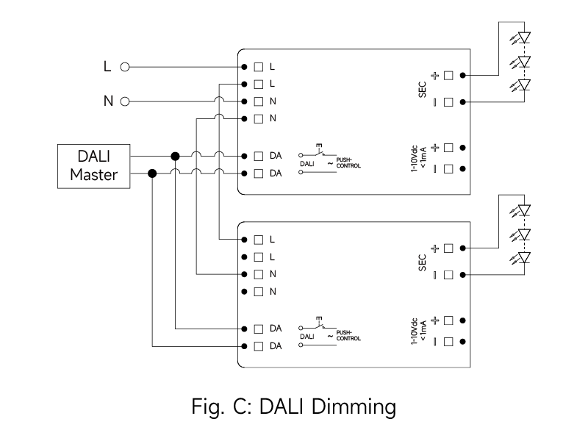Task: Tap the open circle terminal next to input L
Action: pos(125,67)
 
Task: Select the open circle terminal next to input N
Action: pos(125,101)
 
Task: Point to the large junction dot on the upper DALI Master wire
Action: pos(175,156)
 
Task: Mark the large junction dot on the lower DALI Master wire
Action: pos(152,173)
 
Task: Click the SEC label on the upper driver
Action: pos(422,90)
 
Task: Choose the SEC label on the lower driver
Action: pos(422,262)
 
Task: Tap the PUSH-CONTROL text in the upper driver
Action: pos(348,162)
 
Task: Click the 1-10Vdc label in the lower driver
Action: pos(415,331)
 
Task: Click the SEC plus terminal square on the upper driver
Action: pos(448,76)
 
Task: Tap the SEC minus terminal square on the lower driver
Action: pos(448,275)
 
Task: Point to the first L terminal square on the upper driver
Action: pos(259,67)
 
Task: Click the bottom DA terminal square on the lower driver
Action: pos(259,346)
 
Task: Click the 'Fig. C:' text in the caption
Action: pos(221,407)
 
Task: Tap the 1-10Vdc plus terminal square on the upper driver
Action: pos(448,148)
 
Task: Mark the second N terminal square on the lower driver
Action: pos(259,292)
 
